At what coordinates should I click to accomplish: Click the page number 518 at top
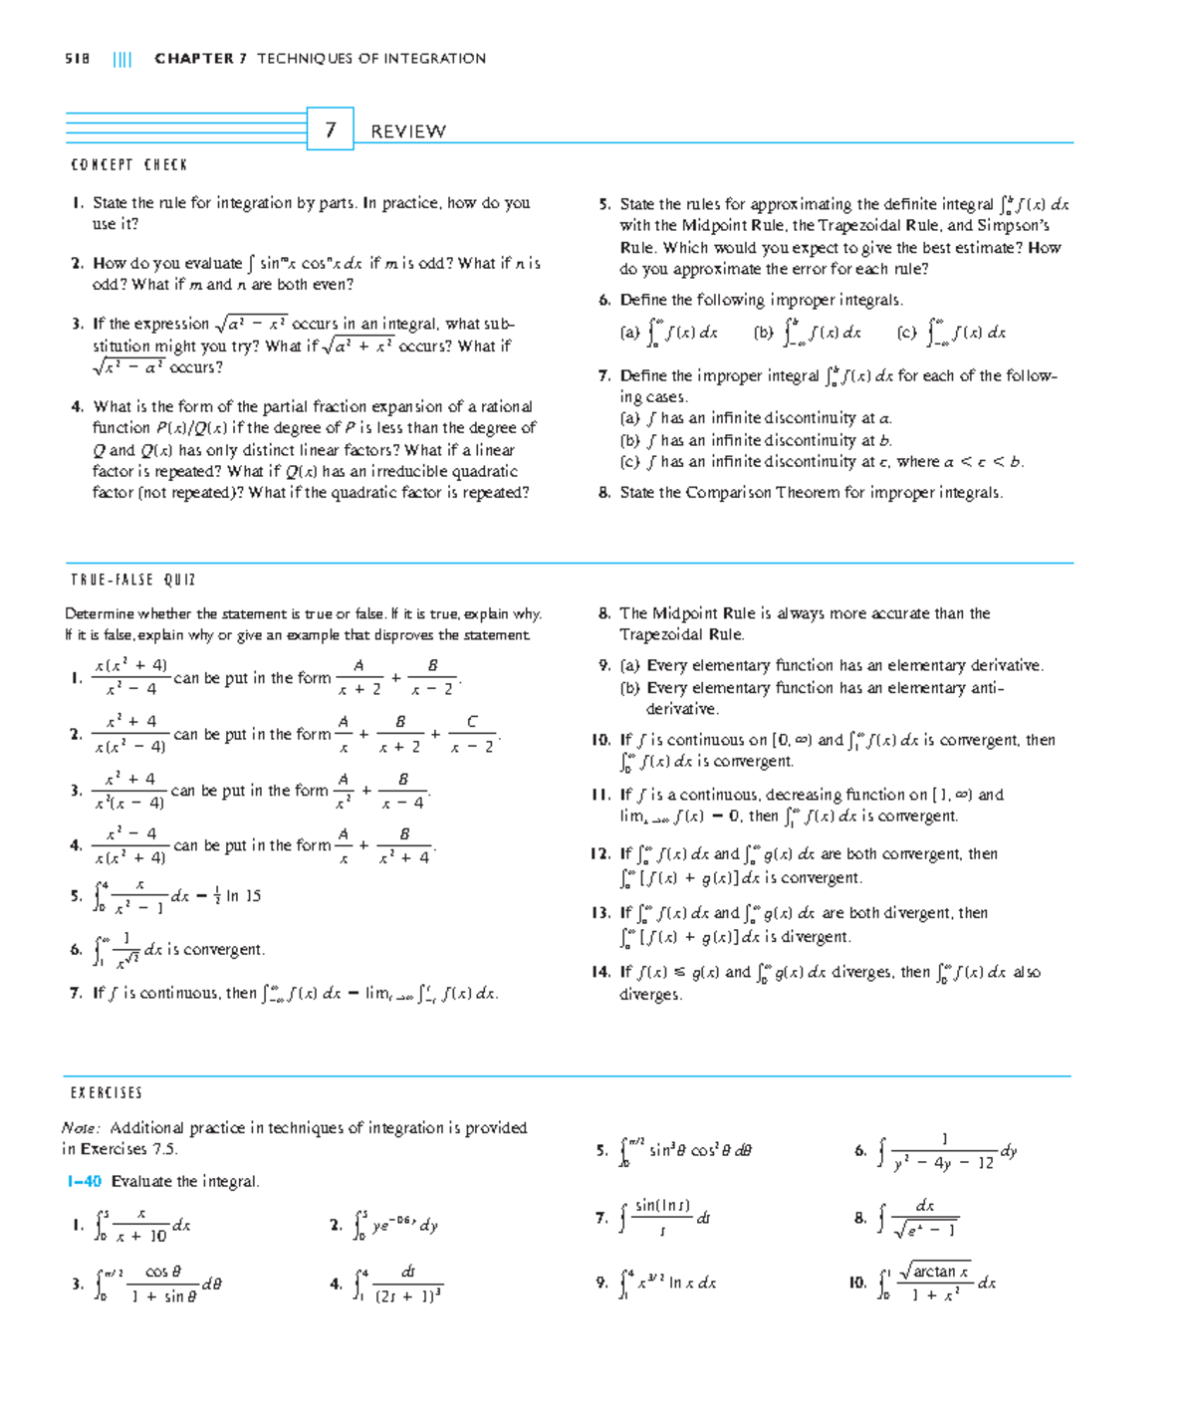point(77,59)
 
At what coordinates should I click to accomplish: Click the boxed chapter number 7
point(330,129)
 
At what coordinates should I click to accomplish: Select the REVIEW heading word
point(407,131)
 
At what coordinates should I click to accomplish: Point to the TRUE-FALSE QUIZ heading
point(132,580)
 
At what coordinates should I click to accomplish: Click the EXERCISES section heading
point(106,1092)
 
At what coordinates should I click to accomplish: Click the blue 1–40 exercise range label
point(84,1181)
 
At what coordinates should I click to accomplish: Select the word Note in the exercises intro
point(80,1127)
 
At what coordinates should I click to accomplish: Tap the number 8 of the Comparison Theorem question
point(603,492)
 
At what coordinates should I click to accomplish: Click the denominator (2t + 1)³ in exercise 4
point(407,1295)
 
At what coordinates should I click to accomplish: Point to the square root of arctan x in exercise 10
point(934,1272)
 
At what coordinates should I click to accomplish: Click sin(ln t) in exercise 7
point(662,1206)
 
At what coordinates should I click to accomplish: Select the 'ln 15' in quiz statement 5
point(243,896)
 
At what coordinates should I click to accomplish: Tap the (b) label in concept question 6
point(763,334)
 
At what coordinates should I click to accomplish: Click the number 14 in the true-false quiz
point(599,972)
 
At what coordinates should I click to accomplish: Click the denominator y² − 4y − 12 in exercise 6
point(943,1162)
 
